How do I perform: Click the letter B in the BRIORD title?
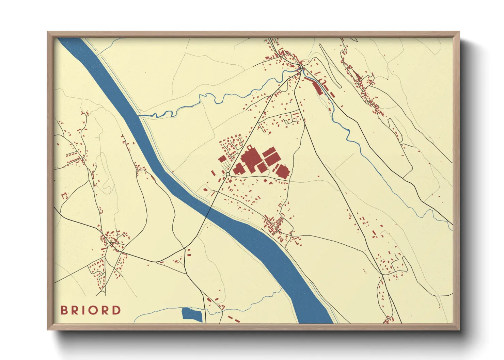click(x=63, y=310)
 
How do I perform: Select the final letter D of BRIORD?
click(x=117, y=310)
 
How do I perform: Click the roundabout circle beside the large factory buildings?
click(x=227, y=174)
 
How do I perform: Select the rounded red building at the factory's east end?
click(x=282, y=171)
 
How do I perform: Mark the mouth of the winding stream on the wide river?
click(x=140, y=116)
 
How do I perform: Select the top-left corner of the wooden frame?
click(x=48, y=32)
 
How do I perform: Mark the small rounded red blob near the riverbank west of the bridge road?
click(x=205, y=190)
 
